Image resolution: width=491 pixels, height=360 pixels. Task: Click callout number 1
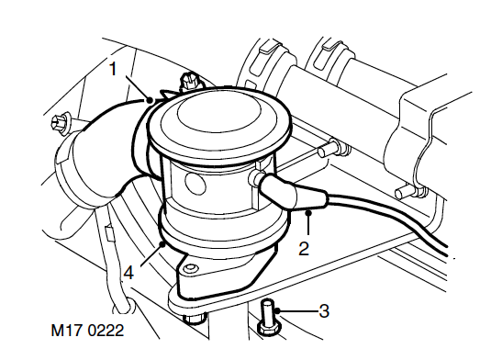click(x=114, y=69)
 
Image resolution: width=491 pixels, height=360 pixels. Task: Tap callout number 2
click(x=304, y=249)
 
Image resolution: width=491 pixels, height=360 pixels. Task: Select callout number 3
click(x=324, y=311)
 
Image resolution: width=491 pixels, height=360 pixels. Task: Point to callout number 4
click(x=128, y=272)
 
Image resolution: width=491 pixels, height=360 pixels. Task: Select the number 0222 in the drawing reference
click(x=106, y=331)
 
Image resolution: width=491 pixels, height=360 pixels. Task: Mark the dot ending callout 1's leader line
click(x=150, y=100)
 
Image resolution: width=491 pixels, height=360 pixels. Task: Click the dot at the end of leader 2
click(x=308, y=213)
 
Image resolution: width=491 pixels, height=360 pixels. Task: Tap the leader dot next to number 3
click(x=278, y=310)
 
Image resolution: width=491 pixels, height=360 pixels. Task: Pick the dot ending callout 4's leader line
click(x=162, y=243)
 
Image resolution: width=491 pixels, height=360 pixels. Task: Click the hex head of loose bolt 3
click(x=269, y=329)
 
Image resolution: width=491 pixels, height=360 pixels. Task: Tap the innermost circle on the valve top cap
click(x=218, y=111)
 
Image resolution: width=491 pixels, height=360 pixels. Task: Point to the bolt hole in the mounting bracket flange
click(x=190, y=268)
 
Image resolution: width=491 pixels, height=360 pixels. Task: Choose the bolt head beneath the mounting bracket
click(x=195, y=318)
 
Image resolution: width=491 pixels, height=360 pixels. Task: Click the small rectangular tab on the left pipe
click(x=109, y=233)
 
